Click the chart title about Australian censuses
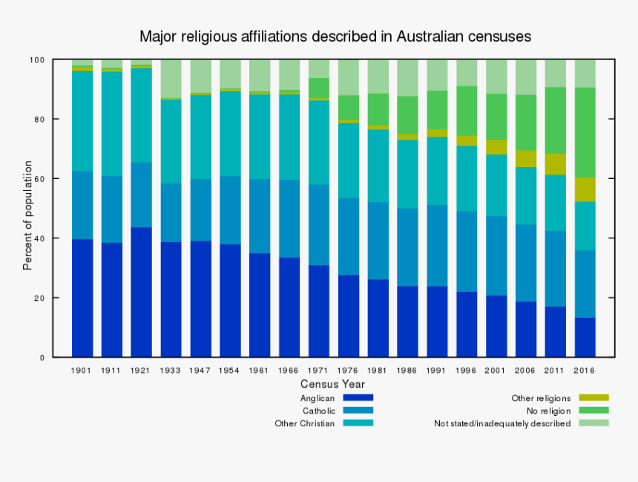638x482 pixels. coord(335,36)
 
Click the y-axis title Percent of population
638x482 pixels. coord(27,215)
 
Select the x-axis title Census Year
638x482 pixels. coord(332,384)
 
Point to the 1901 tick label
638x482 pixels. coord(82,369)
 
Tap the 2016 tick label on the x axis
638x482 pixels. coord(585,369)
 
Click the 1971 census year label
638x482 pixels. coord(319,369)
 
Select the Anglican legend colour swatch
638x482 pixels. coord(358,397)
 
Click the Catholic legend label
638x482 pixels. coord(318,411)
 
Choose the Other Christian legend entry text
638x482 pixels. coord(305,423)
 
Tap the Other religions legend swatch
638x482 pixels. coord(593,397)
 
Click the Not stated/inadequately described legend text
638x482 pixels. coord(502,423)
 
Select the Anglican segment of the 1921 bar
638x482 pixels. coord(141,292)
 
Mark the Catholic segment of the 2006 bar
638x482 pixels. coord(525,263)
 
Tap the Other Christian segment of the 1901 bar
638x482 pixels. coord(82,121)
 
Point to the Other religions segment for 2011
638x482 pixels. coord(555,164)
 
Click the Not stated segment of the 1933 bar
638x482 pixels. coord(171,79)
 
